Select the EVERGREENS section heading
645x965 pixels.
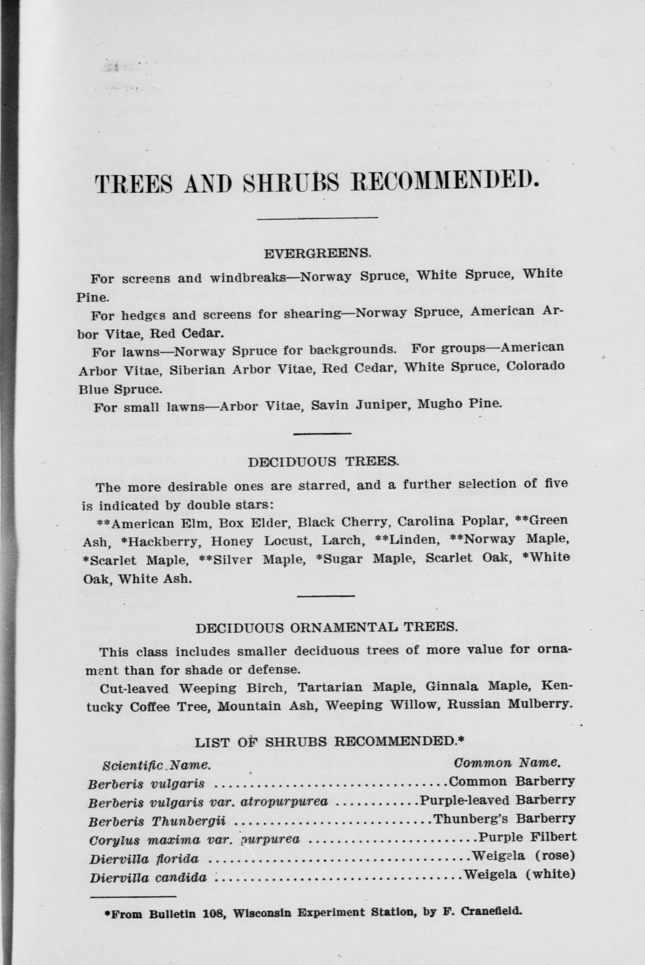(317, 254)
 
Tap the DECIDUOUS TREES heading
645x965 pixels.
(323, 462)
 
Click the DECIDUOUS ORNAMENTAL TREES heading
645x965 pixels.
(326, 628)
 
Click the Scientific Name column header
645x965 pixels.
(156, 765)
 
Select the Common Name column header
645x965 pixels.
(507, 763)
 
